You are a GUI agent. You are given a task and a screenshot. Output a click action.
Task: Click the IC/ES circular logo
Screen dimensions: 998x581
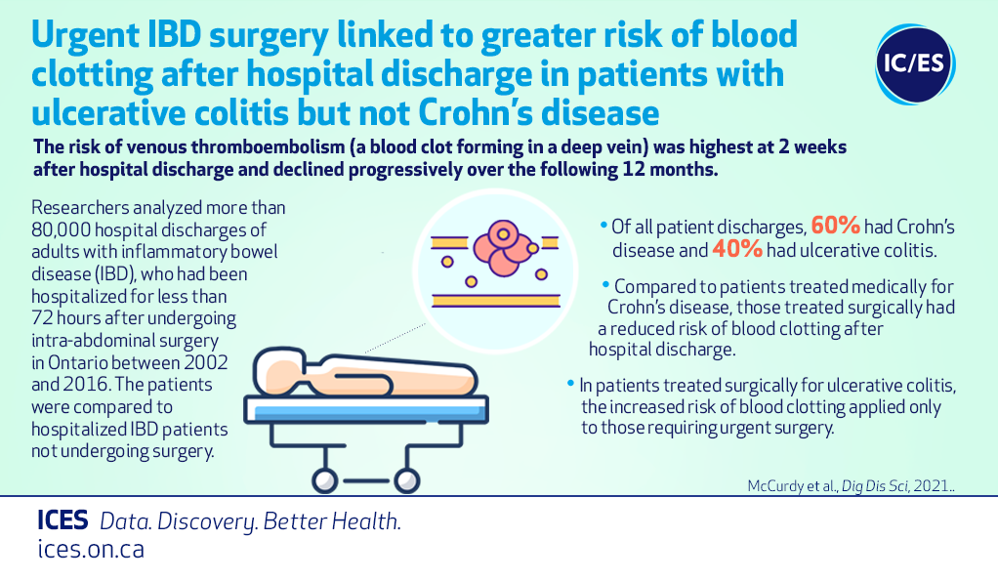click(915, 64)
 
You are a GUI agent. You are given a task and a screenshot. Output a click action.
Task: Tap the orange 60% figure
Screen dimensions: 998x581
click(835, 226)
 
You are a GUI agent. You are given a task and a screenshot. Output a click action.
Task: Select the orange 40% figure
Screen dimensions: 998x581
click(737, 249)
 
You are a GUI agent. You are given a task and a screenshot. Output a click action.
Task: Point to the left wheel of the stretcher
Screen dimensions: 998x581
click(324, 481)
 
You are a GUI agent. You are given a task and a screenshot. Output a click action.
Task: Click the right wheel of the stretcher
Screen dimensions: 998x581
click(406, 481)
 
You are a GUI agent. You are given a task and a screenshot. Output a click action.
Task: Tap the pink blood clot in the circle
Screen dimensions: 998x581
click(504, 248)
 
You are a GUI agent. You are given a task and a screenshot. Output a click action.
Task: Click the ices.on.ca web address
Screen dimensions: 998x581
click(91, 549)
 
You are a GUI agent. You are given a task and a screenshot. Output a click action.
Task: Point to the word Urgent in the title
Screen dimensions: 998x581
click(85, 37)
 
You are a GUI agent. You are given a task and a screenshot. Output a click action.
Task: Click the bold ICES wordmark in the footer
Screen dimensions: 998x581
click(62, 520)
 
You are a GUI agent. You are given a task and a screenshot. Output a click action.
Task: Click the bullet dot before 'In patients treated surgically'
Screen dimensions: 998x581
click(570, 384)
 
